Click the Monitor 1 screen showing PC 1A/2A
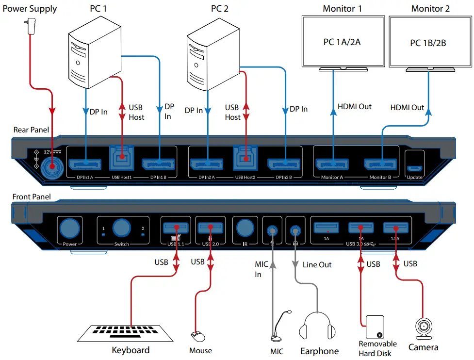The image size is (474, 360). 342,42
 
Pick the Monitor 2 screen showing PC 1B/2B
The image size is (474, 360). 428,43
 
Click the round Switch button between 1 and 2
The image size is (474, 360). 121,228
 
